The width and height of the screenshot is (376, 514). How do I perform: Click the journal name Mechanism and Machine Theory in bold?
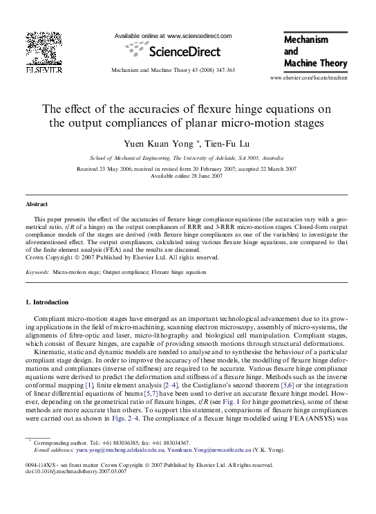coord(314,52)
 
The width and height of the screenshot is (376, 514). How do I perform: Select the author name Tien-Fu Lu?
coord(211,144)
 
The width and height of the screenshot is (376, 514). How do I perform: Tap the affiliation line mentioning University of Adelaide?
coord(187,158)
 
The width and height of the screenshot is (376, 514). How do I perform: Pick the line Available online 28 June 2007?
coord(187,176)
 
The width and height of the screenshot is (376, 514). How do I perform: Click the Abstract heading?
coord(37,205)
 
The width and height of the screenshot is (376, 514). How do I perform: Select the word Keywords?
coord(37,273)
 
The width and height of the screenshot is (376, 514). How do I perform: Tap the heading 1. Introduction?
coord(47,302)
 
